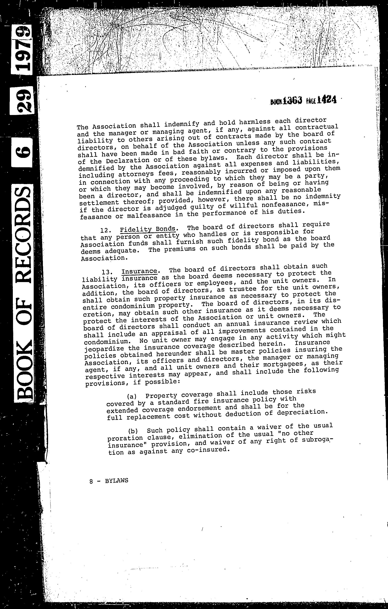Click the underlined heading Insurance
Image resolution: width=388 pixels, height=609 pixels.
139,271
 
